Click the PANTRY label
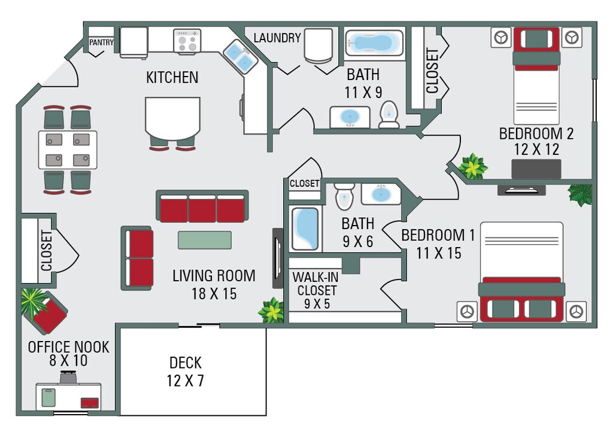tap(101, 42)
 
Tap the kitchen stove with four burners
tap(187, 41)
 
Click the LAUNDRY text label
tap(277, 38)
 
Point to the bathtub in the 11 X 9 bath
tap(374, 42)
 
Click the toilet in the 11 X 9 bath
tap(389, 114)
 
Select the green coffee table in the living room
tap(205, 240)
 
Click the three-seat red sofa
tap(202, 206)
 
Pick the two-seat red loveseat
tap(137, 258)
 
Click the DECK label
tap(186, 363)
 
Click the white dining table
tap(68, 150)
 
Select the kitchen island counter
tap(172, 118)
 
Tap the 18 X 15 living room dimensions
tap(214, 294)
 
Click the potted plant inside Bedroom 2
tap(473, 166)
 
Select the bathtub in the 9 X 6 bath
tap(305, 229)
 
